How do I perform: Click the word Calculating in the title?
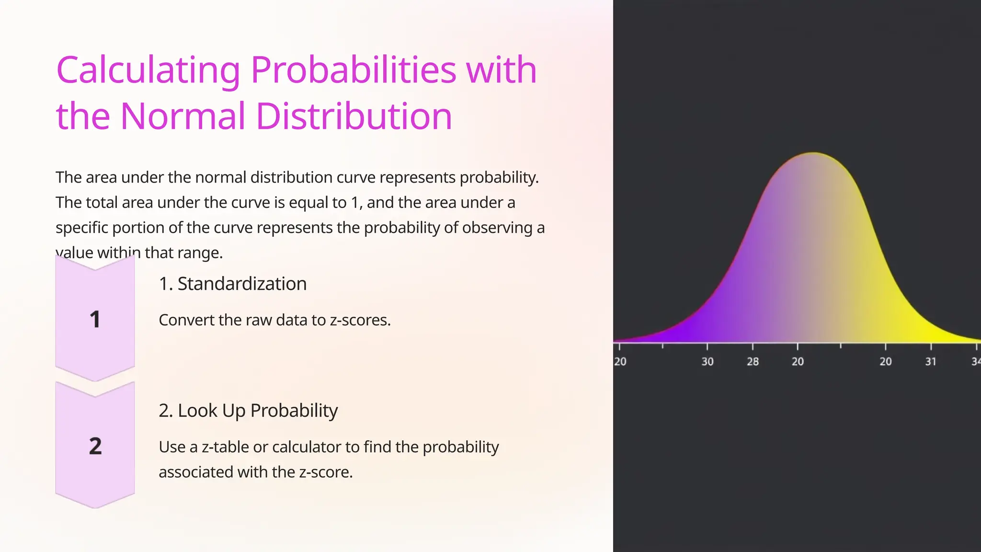(148, 70)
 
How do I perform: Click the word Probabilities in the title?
(353, 70)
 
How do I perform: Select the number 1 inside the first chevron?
(95, 320)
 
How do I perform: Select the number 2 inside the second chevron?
(95, 446)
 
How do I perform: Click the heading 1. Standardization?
(232, 284)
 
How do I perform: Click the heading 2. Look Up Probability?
(248, 411)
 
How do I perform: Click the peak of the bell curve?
(813, 154)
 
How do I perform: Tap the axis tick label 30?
(707, 362)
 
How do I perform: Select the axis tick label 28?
(753, 362)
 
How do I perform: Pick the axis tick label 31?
(930, 362)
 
